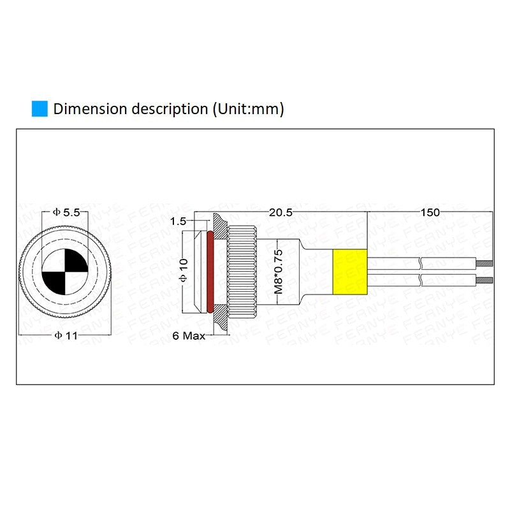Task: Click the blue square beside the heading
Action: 40,108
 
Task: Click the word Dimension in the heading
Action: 91,108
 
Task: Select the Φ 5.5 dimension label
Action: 66,213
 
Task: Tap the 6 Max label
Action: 189,335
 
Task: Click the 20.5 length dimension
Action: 280,213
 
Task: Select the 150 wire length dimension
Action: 430,213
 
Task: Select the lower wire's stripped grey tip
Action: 487,280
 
